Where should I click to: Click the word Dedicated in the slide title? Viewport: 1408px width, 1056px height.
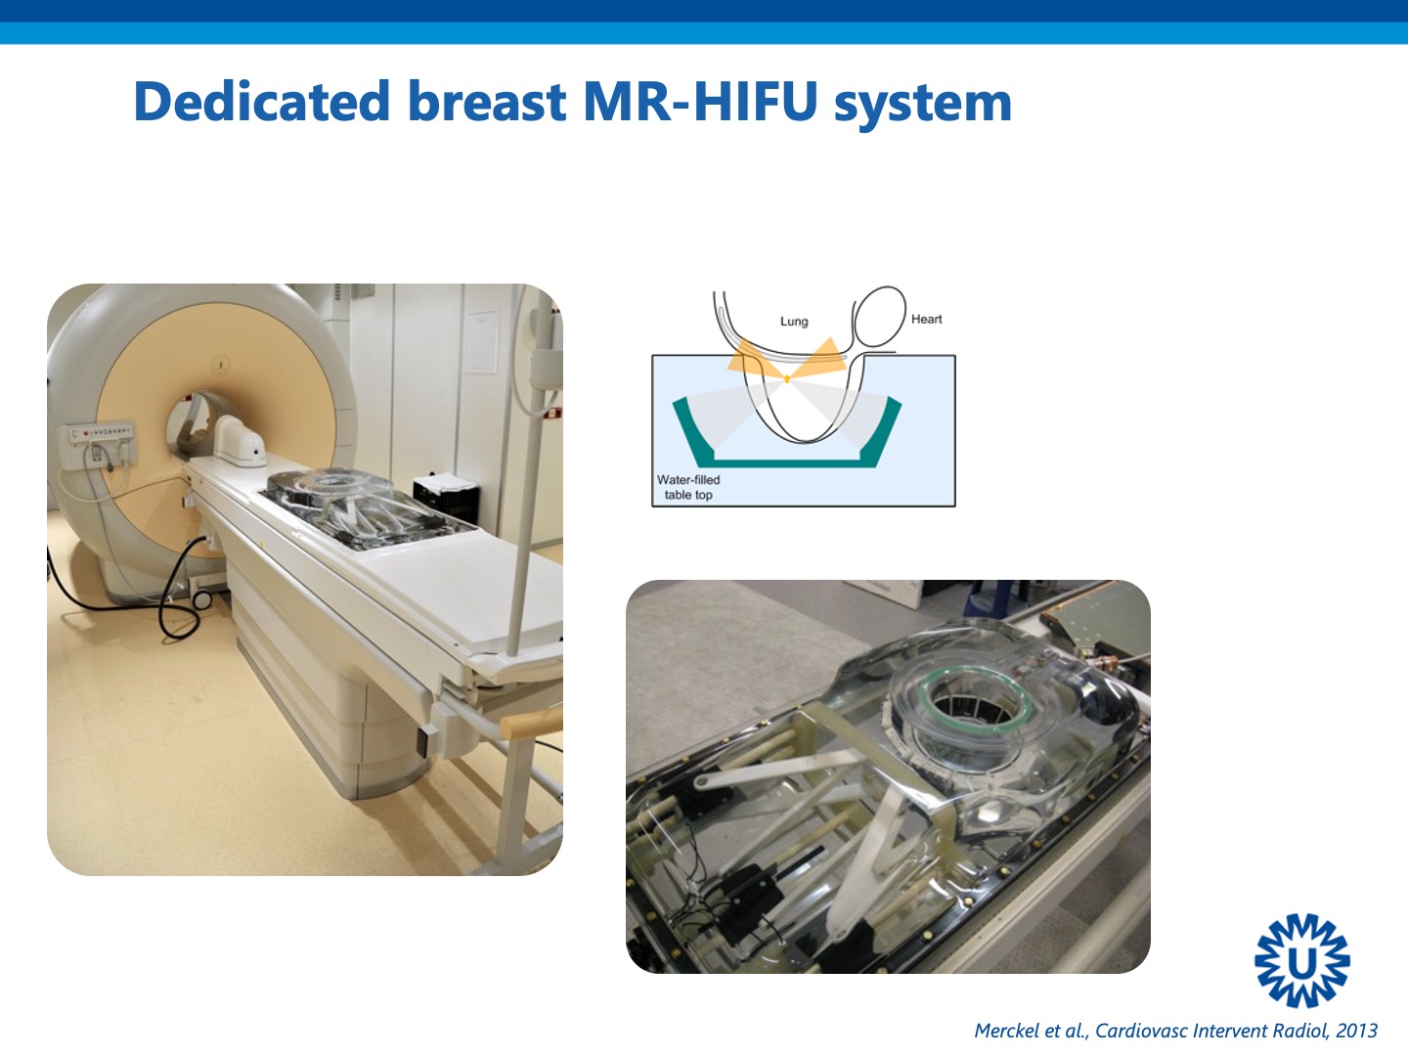pyautogui.click(x=262, y=101)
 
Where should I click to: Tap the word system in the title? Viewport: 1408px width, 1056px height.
pyautogui.click(x=923, y=106)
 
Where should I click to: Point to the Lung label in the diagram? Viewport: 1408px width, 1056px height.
pyautogui.click(x=794, y=322)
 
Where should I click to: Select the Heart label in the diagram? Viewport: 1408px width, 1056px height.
pyautogui.click(x=926, y=319)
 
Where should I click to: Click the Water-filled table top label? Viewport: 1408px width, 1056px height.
pyautogui.click(x=688, y=487)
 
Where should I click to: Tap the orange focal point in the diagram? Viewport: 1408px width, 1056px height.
pyautogui.click(x=787, y=379)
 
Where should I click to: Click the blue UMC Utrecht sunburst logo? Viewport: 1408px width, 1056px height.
pyautogui.click(x=1302, y=960)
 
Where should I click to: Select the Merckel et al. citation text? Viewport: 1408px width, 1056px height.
pyautogui.click(x=1176, y=1031)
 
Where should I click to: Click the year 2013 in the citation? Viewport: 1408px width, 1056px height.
pyautogui.click(x=1357, y=1031)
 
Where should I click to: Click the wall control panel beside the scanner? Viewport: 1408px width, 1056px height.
pyautogui.click(x=102, y=434)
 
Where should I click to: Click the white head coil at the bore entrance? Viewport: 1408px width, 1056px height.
pyautogui.click(x=239, y=440)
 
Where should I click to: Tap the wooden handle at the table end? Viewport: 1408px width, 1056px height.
pyautogui.click(x=530, y=724)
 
